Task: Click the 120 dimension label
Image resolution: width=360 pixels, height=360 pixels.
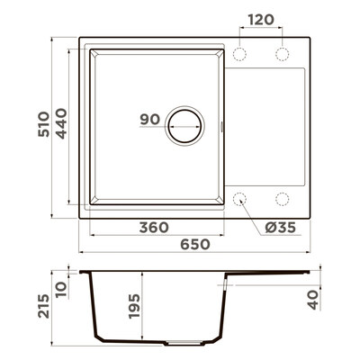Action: [x=261, y=20]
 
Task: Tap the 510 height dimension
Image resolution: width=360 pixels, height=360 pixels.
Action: [x=44, y=124]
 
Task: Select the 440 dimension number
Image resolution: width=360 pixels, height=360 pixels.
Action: [x=62, y=123]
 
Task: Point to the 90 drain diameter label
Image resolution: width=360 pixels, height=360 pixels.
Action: [x=150, y=120]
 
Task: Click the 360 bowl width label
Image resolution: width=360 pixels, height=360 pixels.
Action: [x=154, y=228]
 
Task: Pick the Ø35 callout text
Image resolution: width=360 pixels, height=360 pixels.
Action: [x=281, y=228]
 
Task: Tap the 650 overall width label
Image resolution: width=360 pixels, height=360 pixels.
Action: [x=195, y=245]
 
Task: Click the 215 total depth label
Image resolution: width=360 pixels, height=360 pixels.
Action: [x=44, y=306]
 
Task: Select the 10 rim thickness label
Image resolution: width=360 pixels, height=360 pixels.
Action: [x=61, y=290]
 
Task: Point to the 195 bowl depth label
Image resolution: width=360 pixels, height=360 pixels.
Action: [x=134, y=306]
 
